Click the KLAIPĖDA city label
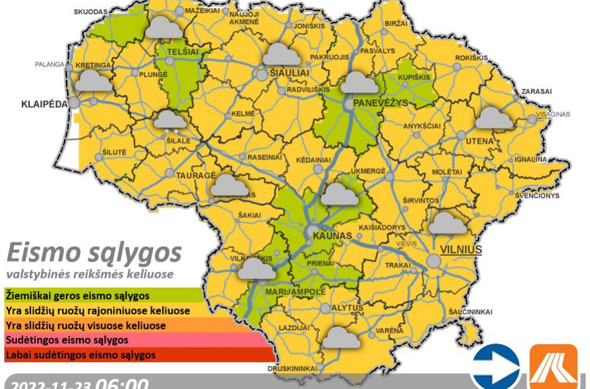(x=44, y=104)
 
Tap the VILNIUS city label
(x=461, y=249)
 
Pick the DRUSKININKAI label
(x=293, y=368)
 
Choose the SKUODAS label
(x=91, y=12)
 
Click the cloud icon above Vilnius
(x=448, y=223)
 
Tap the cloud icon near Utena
(x=495, y=118)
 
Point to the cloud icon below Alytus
(x=342, y=337)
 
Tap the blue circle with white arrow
(x=495, y=366)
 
